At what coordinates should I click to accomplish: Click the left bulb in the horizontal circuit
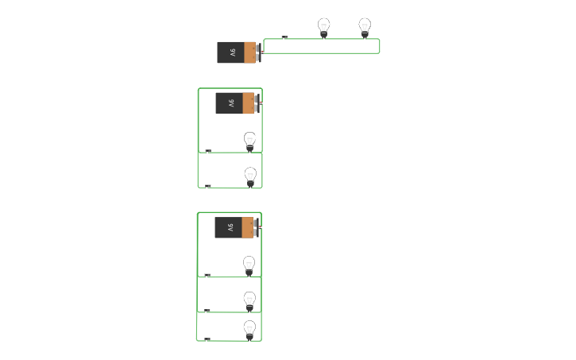click(323, 27)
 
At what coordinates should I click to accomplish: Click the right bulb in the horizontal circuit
click(365, 27)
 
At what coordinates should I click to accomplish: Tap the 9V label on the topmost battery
click(233, 52)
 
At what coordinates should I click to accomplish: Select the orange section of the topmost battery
click(250, 52)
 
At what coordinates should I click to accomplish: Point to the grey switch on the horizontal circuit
click(284, 37)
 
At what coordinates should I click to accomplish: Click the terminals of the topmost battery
click(259, 52)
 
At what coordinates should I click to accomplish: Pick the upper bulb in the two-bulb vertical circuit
click(249, 141)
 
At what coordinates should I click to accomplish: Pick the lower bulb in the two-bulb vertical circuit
click(250, 176)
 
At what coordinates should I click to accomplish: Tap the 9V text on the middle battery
click(231, 103)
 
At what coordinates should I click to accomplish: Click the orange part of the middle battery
click(249, 103)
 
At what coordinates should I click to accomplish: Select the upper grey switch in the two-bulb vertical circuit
click(208, 150)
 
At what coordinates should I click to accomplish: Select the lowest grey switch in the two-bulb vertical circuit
click(208, 186)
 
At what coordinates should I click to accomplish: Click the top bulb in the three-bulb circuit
click(249, 265)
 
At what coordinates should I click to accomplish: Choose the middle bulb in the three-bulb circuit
click(249, 300)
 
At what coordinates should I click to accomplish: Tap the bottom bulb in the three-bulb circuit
click(249, 329)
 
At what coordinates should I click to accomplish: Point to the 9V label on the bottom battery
click(230, 227)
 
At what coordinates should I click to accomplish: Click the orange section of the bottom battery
click(248, 227)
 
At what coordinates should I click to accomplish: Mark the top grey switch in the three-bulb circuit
click(207, 275)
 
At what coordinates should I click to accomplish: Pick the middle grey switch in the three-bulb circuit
click(207, 311)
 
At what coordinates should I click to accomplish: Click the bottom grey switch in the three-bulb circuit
click(207, 339)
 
